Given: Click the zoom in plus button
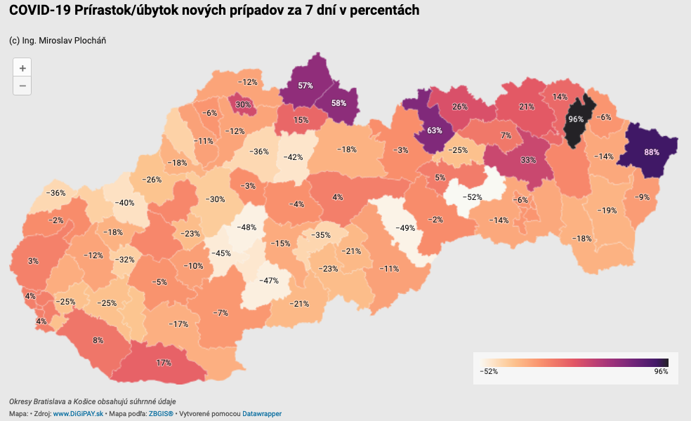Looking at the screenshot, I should (x=22, y=68).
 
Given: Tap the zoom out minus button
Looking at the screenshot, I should (x=22, y=86).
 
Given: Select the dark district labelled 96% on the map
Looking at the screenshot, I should (x=576, y=119).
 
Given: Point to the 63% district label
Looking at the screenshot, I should (x=434, y=131).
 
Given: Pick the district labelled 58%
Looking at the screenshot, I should (x=338, y=102).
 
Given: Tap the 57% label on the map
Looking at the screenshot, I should (x=305, y=86).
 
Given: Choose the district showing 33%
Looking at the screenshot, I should (x=528, y=160).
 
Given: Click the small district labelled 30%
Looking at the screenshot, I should (x=243, y=105).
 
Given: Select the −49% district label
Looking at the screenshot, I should (x=406, y=227).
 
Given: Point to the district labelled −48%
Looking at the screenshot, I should (x=246, y=227).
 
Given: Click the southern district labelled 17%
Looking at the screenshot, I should (x=164, y=363).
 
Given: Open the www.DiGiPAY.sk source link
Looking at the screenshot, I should (x=79, y=414).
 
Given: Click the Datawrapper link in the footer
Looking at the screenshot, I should (x=262, y=414).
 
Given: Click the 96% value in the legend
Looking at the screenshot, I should (x=661, y=371).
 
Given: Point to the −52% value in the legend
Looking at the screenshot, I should (x=489, y=371).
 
